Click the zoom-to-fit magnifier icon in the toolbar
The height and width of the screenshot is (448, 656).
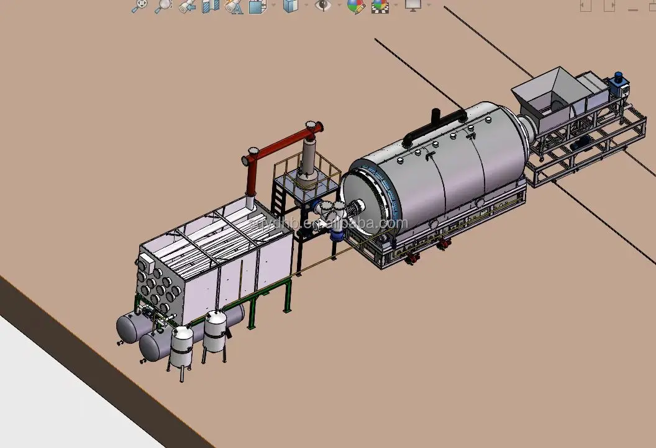(140, 6)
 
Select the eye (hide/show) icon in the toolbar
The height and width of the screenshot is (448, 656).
(322, 6)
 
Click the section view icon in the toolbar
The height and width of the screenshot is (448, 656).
(211, 6)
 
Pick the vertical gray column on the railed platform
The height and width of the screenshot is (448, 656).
(306, 161)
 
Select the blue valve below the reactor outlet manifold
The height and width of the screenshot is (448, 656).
(337, 234)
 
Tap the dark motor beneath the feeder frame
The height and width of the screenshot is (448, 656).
(584, 143)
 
